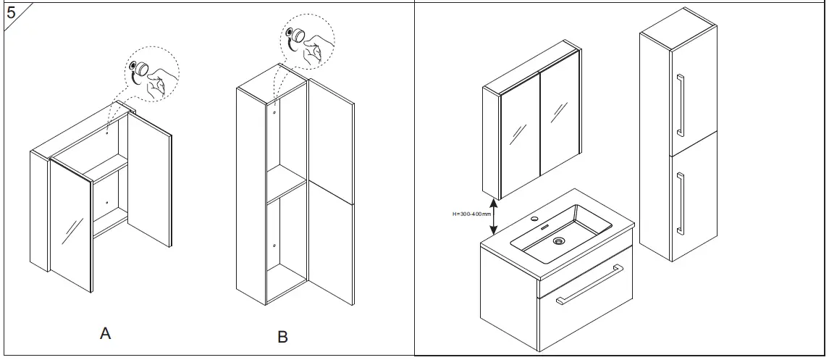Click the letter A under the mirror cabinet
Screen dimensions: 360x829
point(106,334)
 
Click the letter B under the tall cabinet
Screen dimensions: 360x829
point(282,337)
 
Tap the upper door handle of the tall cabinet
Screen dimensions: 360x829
point(680,105)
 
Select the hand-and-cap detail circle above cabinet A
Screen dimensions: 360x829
point(151,75)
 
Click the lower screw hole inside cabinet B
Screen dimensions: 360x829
point(275,247)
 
